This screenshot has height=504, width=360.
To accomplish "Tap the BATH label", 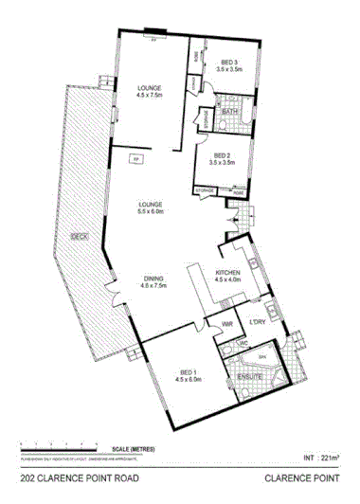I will pos(229,112).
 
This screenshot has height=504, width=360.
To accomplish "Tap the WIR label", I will pos(226,325).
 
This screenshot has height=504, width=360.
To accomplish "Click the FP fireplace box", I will pos(135,157).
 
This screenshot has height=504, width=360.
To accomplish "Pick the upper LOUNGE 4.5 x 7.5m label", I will pos(150,90).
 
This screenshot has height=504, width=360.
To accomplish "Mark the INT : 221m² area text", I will pos(321,458).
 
